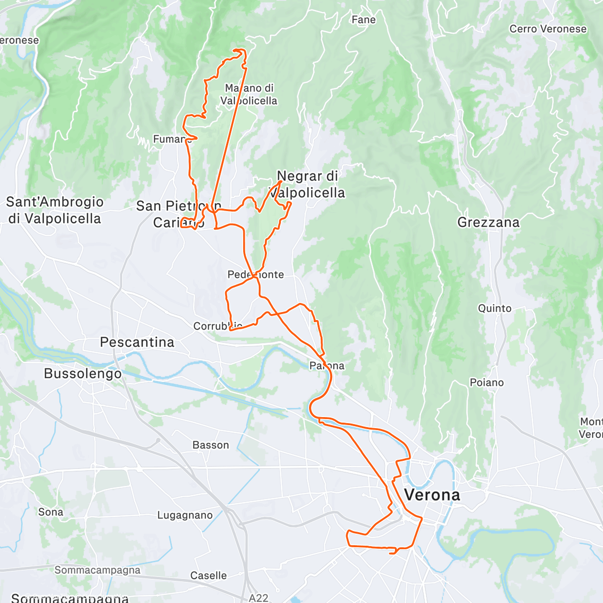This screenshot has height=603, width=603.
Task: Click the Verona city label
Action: pyautogui.click(x=432, y=495)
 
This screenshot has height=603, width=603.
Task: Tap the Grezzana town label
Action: pyautogui.click(x=488, y=222)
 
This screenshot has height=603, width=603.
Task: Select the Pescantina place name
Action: pyautogui.click(x=137, y=342)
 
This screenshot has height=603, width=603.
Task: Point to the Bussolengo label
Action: pyautogui.click(x=82, y=374)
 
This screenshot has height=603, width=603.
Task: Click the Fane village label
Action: pyautogui.click(x=363, y=20)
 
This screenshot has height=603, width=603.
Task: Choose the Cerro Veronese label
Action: pyautogui.click(x=548, y=29)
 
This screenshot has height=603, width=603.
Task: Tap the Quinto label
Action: pyautogui.click(x=494, y=309)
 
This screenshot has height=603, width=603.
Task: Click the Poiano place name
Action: pyautogui.click(x=486, y=383)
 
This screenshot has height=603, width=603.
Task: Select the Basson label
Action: pyautogui.click(x=211, y=445)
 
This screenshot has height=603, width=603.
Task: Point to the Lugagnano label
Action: pyautogui.click(x=185, y=516)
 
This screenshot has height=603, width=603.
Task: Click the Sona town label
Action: pyautogui.click(x=51, y=512)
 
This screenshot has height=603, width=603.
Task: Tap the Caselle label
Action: pyautogui.click(x=208, y=576)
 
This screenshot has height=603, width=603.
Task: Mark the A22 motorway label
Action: pyautogui.click(x=258, y=598)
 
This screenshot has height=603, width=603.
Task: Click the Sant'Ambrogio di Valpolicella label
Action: pyautogui.click(x=54, y=210)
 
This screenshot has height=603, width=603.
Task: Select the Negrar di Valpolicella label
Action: pyautogui.click(x=307, y=184)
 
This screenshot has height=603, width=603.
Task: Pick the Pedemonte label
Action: pyautogui.click(x=255, y=275)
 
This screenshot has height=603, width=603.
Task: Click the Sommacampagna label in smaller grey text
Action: pyautogui.click(x=97, y=570)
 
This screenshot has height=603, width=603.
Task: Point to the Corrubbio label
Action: pyautogui.click(x=218, y=326)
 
